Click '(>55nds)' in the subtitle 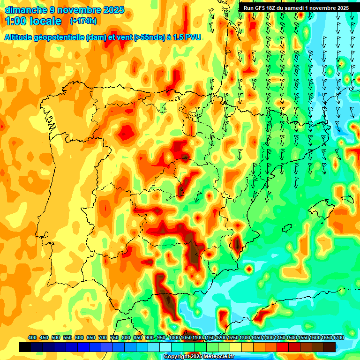[x=148, y=37]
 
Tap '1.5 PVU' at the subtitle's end [x=187, y=37]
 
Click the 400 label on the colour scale [x=32, y=337]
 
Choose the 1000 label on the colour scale [x=174, y=337]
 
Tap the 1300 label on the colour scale [x=244, y=337]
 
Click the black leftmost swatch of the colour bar [x=25, y=347]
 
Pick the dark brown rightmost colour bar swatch [x=330, y=347]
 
